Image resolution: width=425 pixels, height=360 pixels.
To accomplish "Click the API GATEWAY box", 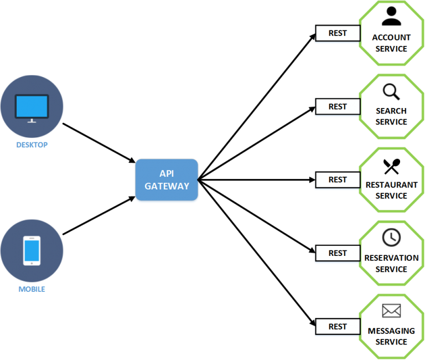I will coord(167,180).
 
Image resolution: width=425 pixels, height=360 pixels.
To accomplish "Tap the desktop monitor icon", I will coord(32,107).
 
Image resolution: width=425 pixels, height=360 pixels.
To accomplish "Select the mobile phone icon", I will coord(32,251).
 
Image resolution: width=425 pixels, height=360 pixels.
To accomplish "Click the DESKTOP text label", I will coord(32,145).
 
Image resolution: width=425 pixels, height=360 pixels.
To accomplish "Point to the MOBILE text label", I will coord(32,289).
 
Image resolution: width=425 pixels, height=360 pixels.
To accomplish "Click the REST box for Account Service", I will coord(337,33).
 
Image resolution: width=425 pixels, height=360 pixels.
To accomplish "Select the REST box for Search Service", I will coord(337,106).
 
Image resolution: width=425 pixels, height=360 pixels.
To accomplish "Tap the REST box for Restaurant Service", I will coord(337,179).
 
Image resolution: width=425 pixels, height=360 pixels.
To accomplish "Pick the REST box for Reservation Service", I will coord(337,253).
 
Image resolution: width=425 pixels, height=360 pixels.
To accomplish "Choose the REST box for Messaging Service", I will coord(337,326).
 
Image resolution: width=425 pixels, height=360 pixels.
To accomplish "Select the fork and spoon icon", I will coord(392,165).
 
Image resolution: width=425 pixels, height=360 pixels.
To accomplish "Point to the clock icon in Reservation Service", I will coord(392,237).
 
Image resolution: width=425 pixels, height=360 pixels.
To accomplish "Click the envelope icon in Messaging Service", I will coord(392,311).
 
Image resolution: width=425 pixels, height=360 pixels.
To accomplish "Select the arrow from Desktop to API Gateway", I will coord(100,142).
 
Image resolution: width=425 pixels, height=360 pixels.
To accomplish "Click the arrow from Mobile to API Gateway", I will coord(100,216).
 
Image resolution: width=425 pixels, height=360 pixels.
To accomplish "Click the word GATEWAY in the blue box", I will coord(167,186).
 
